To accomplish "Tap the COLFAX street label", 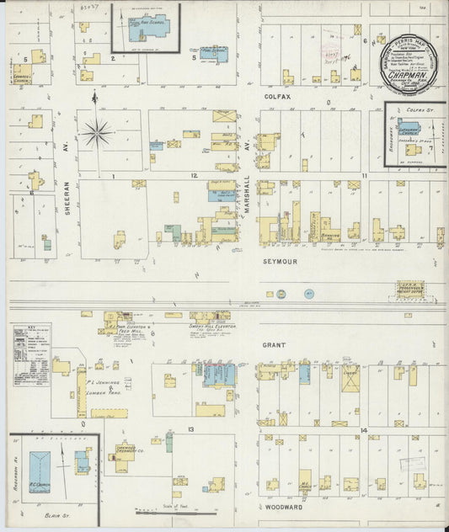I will (277, 98).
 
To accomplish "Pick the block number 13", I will (192, 429).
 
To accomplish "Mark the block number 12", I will (193, 175).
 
